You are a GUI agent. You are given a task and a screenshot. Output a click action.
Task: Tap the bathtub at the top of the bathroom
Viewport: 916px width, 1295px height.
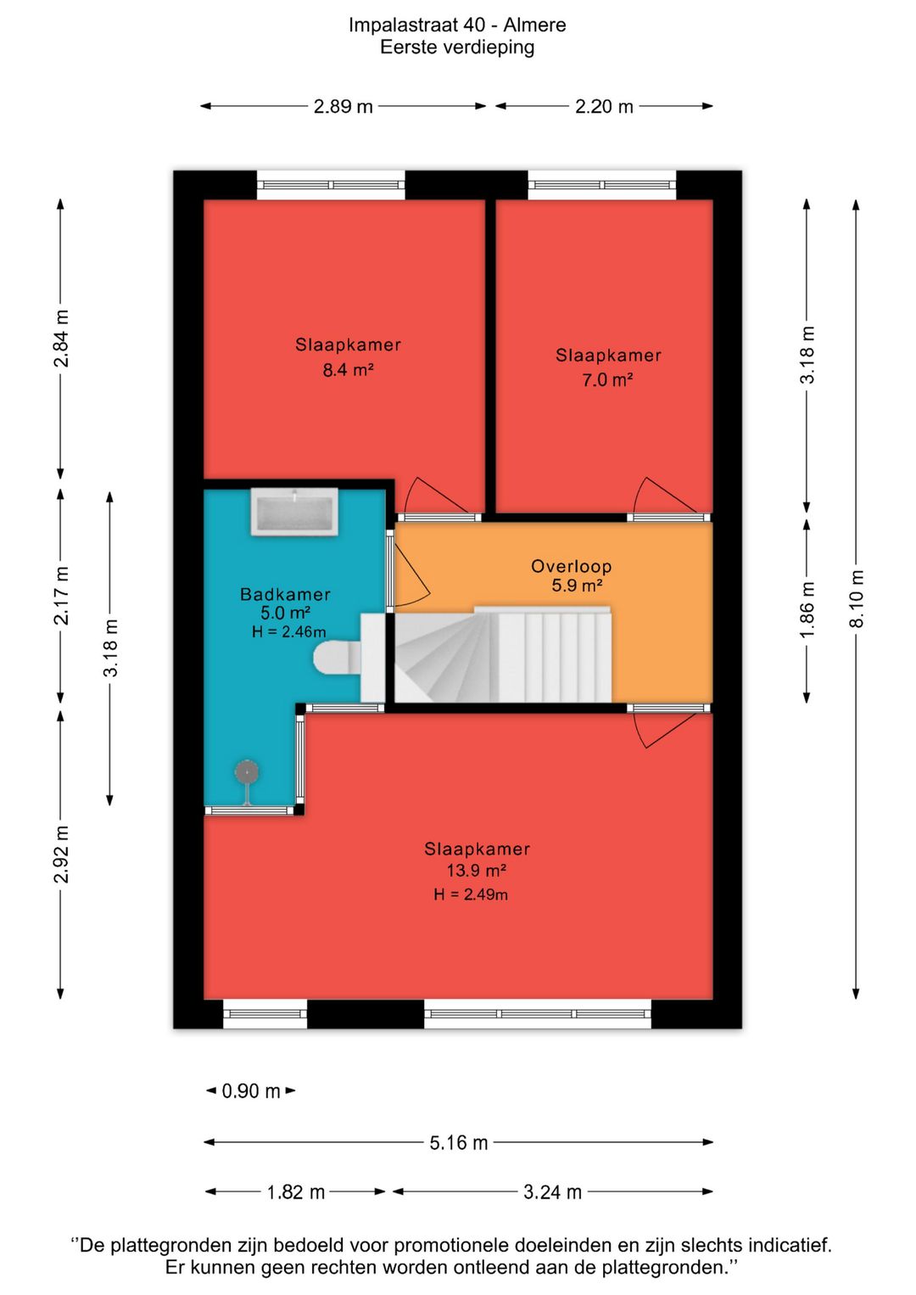coord(294,512)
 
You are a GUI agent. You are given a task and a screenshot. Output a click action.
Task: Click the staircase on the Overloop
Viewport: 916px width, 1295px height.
coord(501,654)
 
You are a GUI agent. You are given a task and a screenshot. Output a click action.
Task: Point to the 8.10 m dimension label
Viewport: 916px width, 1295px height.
coord(856,598)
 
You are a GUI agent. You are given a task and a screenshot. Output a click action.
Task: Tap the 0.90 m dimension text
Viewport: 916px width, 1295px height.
coord(251,1091)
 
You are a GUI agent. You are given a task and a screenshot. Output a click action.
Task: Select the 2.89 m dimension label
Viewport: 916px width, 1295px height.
coord(343,106)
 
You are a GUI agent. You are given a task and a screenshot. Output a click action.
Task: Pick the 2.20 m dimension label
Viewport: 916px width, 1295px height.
coord(604,106)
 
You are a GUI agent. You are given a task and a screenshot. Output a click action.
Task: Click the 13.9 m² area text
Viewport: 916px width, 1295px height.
coord(477,870)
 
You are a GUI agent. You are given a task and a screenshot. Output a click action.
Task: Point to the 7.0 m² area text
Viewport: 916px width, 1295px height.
coord(607,380)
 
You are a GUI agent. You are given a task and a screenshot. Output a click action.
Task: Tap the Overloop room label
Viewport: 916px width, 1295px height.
coord(571,566)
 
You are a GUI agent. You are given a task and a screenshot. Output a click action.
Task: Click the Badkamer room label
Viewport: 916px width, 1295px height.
coord(285,594)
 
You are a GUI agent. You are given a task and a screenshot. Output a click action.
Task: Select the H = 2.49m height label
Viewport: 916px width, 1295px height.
coord(471,895)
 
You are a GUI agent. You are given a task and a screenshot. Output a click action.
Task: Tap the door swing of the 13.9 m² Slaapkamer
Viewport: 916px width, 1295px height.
coord(665,730)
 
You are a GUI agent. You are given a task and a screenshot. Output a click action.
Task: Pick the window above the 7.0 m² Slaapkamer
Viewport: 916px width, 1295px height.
coord(601,185)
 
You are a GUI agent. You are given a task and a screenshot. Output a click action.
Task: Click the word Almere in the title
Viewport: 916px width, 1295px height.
coord(534,25)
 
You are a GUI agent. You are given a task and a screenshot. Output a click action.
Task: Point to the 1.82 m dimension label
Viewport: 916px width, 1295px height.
coord(295,1192)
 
